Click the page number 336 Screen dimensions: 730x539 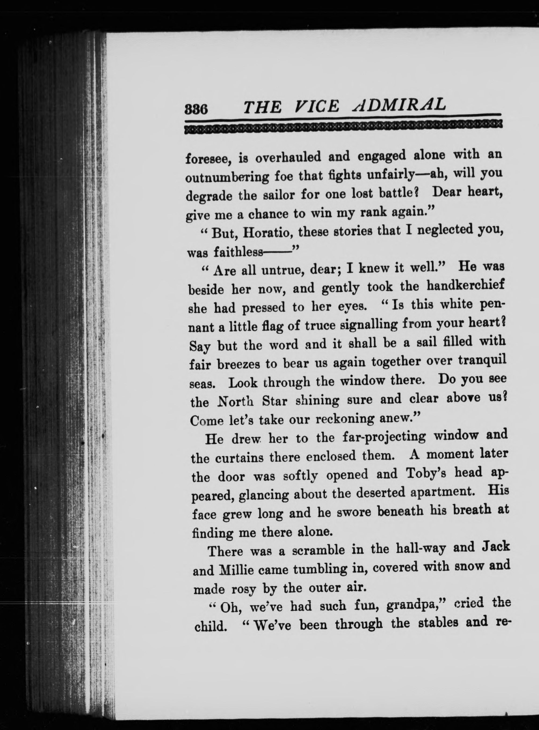(x=196, y=108)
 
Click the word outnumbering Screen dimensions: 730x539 (x=226, y=178)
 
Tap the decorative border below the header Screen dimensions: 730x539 (x=343, y=126)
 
